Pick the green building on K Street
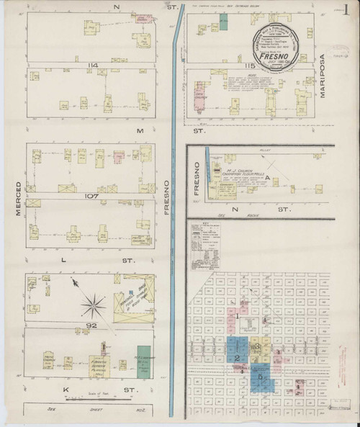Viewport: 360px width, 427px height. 144,361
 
